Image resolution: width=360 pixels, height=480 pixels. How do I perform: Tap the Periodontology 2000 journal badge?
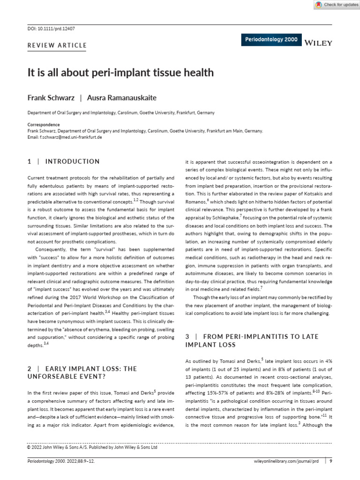pos(271,40)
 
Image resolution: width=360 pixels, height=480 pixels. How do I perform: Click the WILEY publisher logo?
pos(318,43)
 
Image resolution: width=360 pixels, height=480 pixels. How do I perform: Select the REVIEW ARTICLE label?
pos(58,45)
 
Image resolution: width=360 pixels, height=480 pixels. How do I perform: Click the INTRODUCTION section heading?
pos(72,162)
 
